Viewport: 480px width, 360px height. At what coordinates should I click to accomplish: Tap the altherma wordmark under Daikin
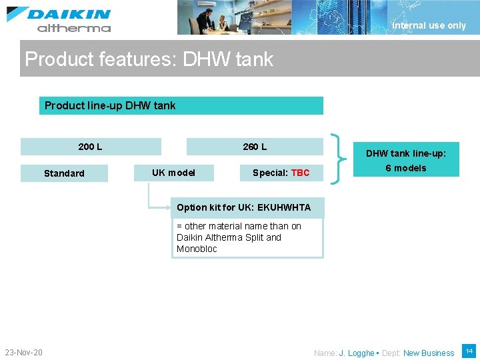(x=73, y=28)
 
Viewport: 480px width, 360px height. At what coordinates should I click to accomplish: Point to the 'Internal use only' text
(x=429, y=25)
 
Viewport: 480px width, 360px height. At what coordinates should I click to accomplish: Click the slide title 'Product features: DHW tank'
(x=149, y=59)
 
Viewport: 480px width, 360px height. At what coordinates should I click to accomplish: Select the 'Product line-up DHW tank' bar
(x=181, y=105)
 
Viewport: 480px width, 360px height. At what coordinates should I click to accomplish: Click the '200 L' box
(x=91, y=147)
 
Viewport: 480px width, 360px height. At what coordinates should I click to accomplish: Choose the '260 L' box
(x=255, y=147)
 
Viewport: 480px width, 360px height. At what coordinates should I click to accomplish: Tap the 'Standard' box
(x=64, y=173)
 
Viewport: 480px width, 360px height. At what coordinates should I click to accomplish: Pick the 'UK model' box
(x=173, y=173)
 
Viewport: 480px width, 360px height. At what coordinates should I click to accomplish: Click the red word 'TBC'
(x=300, y=173)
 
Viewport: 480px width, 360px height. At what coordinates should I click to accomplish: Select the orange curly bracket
(x=341, y=159)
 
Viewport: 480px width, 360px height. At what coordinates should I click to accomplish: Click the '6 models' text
(x=405, y=168)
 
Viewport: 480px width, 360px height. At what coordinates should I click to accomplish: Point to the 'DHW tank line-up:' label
(x=405, y=153)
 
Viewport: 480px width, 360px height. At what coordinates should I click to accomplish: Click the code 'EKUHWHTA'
(x=283, y=207)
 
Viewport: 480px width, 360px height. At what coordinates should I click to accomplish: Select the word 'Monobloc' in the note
(x=197, y=249)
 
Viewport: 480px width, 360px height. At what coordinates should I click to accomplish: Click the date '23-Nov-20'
(x=23, y=352)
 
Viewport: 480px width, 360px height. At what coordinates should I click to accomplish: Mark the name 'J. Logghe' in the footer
(x=356, y=353)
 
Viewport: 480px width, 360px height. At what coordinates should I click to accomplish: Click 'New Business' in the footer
(x=429, y=353)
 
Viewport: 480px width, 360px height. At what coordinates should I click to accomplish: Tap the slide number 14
(x=469, y=351)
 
